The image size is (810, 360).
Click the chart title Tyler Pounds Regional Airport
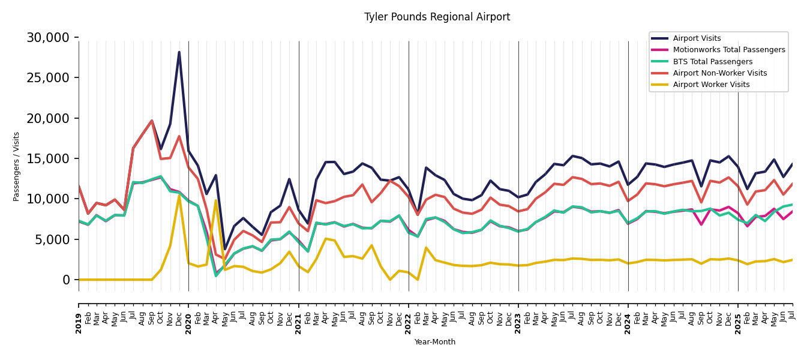click(437, 17)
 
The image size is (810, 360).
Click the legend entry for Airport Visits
click(697, 38)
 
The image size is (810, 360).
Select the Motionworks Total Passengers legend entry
click(728, 50)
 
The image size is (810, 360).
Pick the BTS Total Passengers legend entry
click(712, 62)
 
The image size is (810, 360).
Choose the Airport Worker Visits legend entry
click(711, 85)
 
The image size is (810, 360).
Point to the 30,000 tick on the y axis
click(48, 38)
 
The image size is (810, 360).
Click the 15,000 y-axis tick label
click(48, 159)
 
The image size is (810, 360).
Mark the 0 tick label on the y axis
click(66, 280)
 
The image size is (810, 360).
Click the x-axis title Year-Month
click(435, 342)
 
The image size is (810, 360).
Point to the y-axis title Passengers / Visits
click(17, 166)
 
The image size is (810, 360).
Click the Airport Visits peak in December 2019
click(179, 52)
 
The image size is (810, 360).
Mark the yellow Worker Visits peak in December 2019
click(179, 196)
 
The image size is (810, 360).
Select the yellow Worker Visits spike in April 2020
click(216, 200)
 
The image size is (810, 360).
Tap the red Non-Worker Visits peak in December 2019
click(179, 136)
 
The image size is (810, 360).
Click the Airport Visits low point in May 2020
click(225, 249)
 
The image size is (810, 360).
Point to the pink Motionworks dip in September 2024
click(701, 224)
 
